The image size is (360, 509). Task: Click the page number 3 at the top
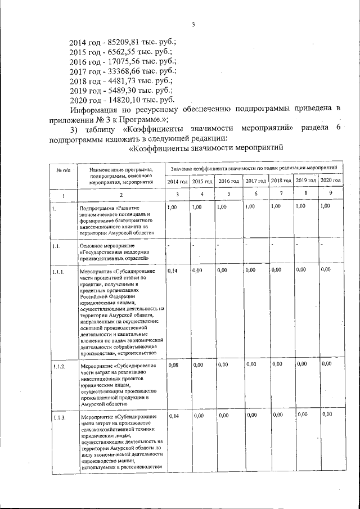pyautogui.click(x=193, y=25)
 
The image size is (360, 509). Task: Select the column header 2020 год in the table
pyautogui.click(x=330, y=180)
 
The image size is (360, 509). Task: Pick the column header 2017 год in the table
pyautogui.click(x=255, y=181)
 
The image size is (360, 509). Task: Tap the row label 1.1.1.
pyautogui.click(x=59, y=272)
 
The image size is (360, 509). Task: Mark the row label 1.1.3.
pyautogui.click(x=59, y=417)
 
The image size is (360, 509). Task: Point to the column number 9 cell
pyautogui.click(x=330, y=194)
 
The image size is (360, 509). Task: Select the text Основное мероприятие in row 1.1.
pyautogui.click(x=105, y=246)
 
